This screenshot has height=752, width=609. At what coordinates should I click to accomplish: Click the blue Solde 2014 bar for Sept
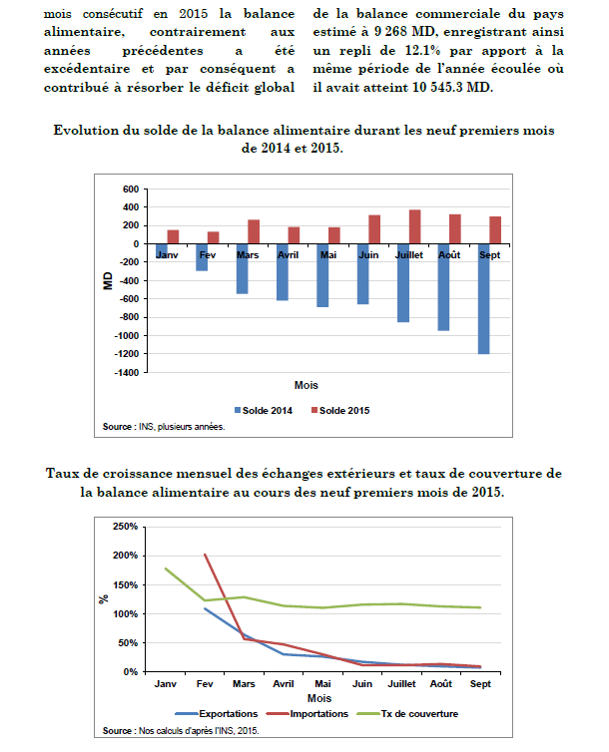pyautogui.click(x=483, y=298)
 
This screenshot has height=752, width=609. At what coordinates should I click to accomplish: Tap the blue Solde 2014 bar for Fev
pyautogui.click(x=202, y=256)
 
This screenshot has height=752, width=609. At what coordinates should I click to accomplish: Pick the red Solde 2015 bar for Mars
pyautogui.click(x=254, y=231)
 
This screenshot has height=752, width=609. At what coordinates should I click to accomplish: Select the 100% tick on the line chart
pyautogui.click(x=125, y=613)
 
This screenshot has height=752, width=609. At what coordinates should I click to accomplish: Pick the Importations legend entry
pyautogui.click(x=316, y=714)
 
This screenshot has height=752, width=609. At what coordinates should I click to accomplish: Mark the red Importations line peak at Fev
pyautogui.click(x=205, y=555)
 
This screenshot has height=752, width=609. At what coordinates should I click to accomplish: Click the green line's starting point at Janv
pyautogui.click(x=166, y=568)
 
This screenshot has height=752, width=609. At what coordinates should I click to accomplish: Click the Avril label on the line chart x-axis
pyautogui.click(x=283, y=686)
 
